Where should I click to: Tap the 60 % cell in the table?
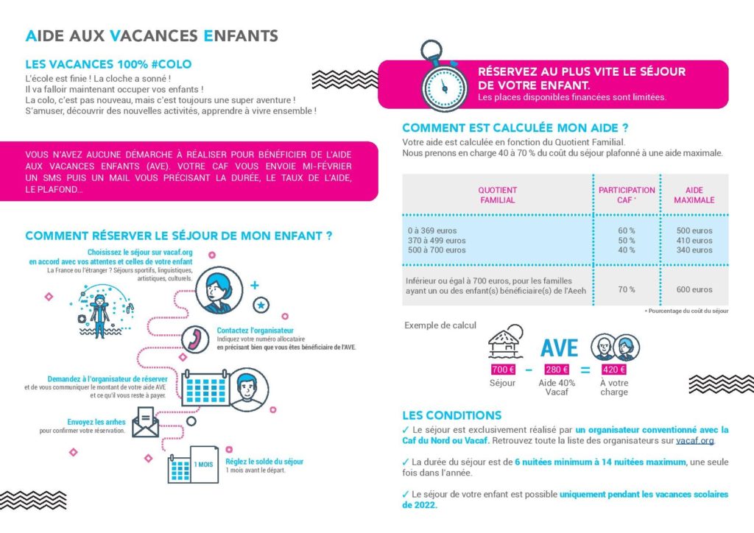(627, 230)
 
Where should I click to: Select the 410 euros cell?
(694, 240)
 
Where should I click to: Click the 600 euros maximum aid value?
(694, 289)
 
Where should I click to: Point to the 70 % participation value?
(627, 289)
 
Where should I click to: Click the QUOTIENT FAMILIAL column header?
(498, 195)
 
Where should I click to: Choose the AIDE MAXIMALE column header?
(694, 195)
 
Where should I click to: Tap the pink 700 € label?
(502, 370)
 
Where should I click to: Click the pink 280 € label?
(556, 370)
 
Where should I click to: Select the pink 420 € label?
(613, 370)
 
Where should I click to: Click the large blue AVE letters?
(559, 346)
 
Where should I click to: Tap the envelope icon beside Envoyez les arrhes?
(145, 422)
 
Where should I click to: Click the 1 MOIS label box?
(203, 465)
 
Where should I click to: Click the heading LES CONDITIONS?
(451, 415)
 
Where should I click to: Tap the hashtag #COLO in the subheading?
(171, 64)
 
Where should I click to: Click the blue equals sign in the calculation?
(585, 370)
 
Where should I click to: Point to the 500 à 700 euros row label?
(437, 250)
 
